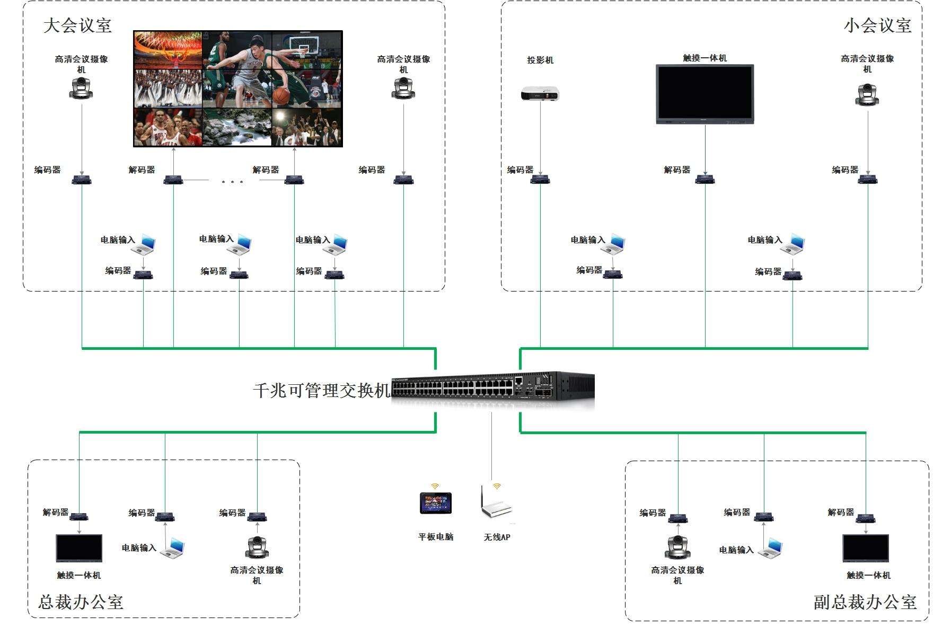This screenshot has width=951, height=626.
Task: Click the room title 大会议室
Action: pos(77,25)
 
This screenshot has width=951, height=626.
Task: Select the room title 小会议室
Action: pos(877,25)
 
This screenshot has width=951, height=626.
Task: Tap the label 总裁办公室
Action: pos(81,602)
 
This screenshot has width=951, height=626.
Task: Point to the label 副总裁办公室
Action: pos(865,602)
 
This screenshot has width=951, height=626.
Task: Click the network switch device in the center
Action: pos(492,390)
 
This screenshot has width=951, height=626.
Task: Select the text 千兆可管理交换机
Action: pos(322,391)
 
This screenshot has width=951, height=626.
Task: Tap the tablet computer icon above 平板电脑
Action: pos(435,503)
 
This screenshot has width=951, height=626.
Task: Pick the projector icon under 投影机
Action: pos(540,93)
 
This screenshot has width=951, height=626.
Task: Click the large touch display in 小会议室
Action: pos(705,94)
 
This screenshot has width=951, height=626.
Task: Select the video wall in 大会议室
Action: pos(238,89)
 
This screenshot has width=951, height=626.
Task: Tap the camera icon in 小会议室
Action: pos(867,94)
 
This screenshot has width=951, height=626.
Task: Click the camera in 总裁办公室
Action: pos(257,547)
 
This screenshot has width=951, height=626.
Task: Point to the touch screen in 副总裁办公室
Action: pos(866,548)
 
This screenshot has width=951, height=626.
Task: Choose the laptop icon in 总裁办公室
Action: pos(173,548)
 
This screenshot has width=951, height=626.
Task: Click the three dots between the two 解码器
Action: pos(232,182)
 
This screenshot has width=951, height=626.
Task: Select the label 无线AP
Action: pos(497,537)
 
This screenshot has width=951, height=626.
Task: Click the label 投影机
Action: pos(540,60)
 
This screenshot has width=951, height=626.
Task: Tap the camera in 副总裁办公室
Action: pos(677,547)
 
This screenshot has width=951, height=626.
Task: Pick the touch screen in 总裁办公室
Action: pos(79,548)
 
